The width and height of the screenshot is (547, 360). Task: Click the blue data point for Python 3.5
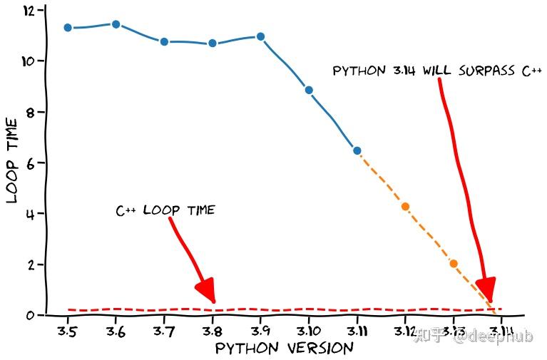point(68,28)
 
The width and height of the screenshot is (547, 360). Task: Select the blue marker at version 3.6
point(116,24)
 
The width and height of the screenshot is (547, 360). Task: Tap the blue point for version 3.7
point(164,41)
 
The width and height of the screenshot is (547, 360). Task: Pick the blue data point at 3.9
point(260,36)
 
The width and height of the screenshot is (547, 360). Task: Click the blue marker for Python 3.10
point(309,90)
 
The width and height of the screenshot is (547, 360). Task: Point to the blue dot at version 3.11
point(357,150)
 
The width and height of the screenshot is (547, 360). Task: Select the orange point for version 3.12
point(405,207)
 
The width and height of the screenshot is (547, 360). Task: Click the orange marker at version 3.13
point(454,264)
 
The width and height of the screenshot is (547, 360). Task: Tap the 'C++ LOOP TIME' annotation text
point(165,210)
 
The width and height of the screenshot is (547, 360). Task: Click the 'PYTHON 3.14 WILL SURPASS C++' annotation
point(437,71)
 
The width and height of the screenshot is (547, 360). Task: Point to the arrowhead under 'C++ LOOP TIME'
point(205,291)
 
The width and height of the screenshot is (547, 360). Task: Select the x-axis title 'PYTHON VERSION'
point(284,349)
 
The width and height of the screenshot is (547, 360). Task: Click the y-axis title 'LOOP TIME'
point(12,161)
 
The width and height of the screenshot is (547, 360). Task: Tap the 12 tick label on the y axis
point(29,11)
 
